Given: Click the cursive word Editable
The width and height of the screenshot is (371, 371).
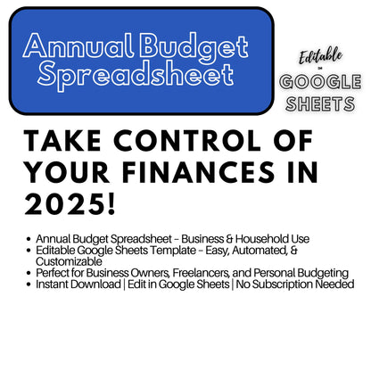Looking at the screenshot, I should coord(320,55).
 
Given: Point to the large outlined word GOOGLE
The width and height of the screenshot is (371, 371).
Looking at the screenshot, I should coord(320,82).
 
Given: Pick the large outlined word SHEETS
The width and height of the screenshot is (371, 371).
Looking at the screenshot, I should coord(320,104).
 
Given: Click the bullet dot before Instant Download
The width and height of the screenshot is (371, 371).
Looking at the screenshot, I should coord(30,284).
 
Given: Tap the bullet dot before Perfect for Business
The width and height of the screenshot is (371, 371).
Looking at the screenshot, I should coord(30,273).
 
